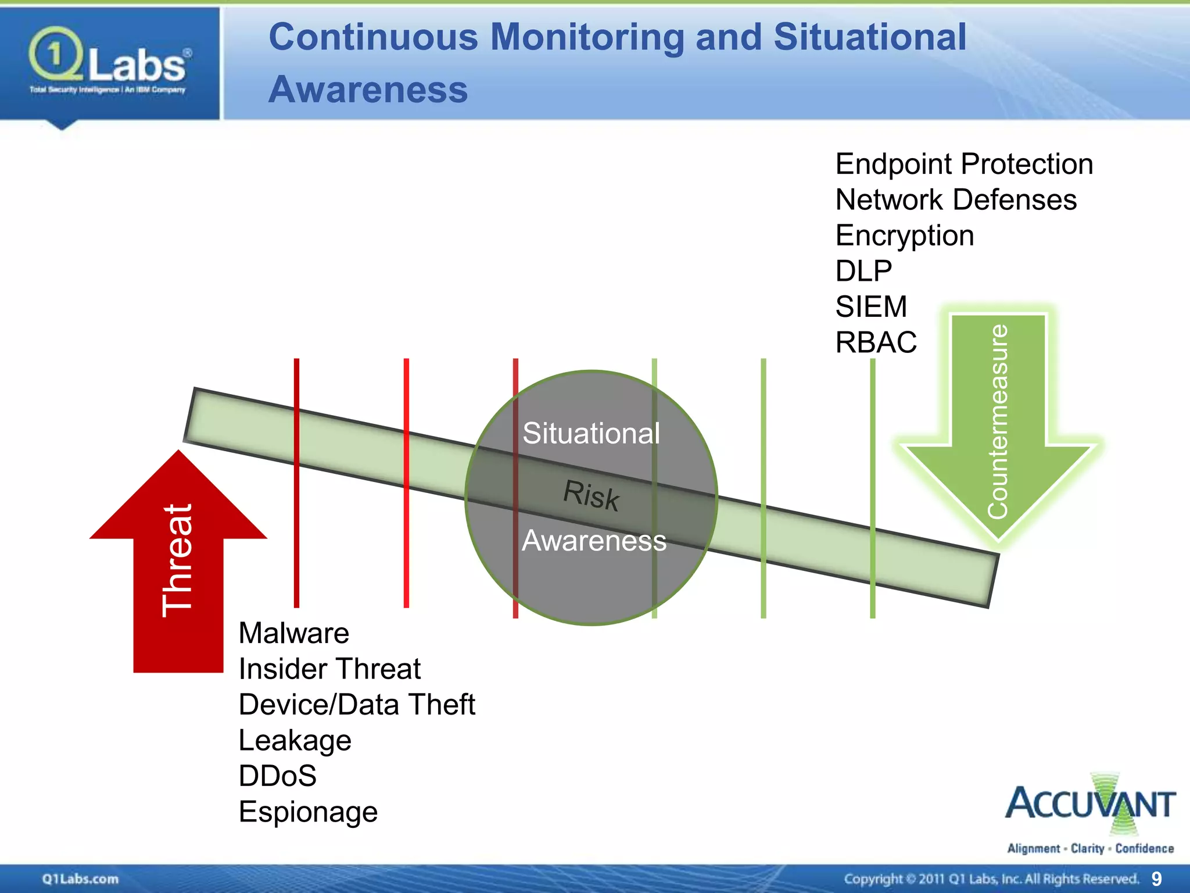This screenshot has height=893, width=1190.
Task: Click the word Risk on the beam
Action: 591,495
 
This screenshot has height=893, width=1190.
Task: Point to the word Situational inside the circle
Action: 591,433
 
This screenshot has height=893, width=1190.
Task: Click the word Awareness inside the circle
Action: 594,541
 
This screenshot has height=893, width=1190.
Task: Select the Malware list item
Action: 293,633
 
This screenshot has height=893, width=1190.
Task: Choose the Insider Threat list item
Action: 329,669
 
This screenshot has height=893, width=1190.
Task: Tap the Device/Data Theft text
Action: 357,705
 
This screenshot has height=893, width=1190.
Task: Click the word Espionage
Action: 308,812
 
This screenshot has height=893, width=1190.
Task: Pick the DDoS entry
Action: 278,776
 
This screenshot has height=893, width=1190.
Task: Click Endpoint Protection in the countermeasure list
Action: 964,164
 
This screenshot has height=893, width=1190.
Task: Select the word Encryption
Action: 904,235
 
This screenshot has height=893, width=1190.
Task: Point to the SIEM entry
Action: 870,306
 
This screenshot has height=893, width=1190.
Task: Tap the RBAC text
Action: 876,342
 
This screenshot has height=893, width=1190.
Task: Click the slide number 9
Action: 1156,878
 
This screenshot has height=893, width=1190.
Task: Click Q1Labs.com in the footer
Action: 80,878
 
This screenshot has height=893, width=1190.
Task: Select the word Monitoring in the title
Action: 587,37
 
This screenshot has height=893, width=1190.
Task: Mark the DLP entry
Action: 863,271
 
